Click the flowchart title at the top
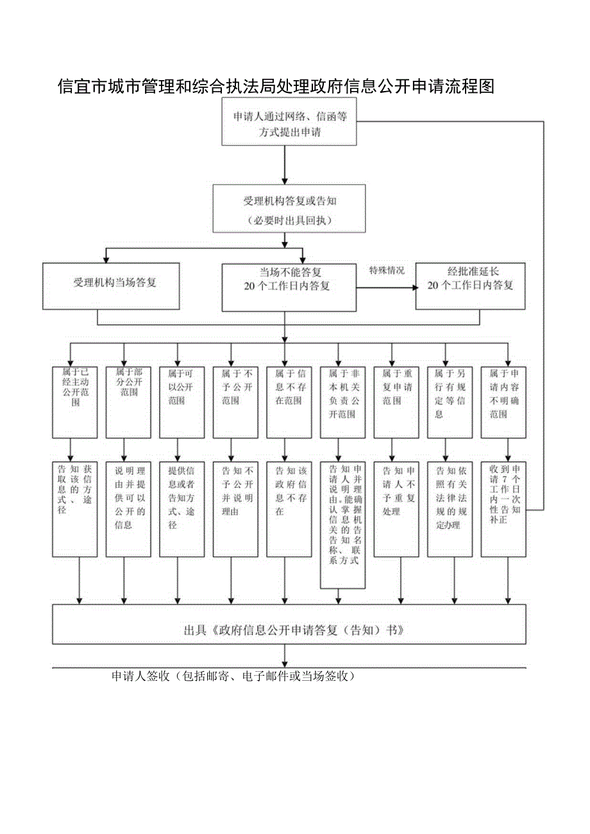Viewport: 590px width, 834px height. tap(276, 87)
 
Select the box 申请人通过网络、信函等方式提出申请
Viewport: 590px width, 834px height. tap(289, 124)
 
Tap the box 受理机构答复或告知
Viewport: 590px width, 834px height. tap(289, 209)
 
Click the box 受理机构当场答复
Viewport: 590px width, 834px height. tap(114, 285)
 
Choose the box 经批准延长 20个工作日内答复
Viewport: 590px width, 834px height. tap(471, 285)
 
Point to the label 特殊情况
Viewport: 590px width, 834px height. tap(386, 271)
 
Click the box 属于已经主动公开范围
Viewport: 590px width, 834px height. tap(75, 401)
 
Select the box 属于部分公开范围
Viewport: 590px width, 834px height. tap(128, 401)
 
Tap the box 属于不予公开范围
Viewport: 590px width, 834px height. tap(235, 401)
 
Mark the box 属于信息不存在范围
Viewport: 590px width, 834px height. tap(289, 401)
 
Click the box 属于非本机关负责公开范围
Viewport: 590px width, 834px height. tap(342, 401)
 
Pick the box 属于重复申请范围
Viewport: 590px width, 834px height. tap(396, 401)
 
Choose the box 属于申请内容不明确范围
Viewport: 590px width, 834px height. tap(503, 401)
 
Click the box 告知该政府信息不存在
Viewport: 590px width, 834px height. tap(289, 508)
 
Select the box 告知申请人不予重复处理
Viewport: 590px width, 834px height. tap(396, 508)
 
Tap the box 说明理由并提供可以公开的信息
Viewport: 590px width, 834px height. tap(128, 508)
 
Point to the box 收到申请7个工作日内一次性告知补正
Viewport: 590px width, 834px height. tap(503, 508)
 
